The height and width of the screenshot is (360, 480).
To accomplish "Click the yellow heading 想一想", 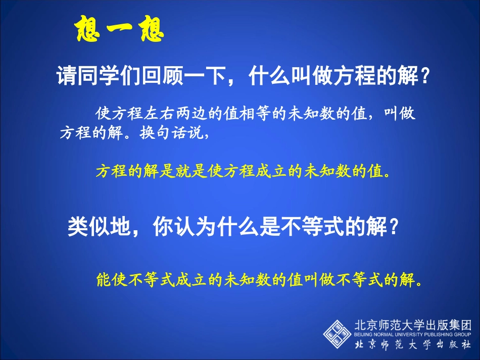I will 119,30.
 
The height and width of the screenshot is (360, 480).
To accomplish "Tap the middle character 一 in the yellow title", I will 119,31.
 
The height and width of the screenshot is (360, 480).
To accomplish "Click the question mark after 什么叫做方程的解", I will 425,77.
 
